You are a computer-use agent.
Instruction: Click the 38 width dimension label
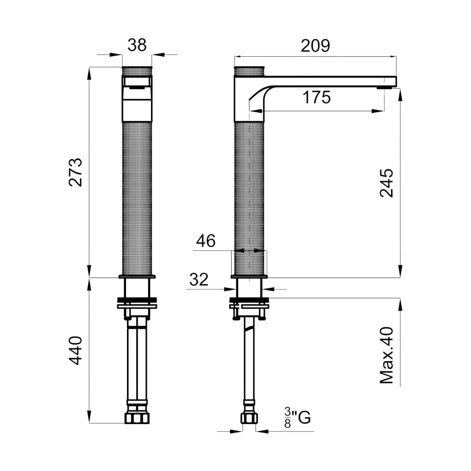click(x=137, y=45)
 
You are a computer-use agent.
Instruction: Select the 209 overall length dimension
click(x=315, y=46)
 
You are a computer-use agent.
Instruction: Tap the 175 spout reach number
click(x=317, y=97)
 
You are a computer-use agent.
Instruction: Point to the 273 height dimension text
click(x=75, y=173)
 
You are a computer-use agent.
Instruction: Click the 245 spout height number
click(x=387, y=183)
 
